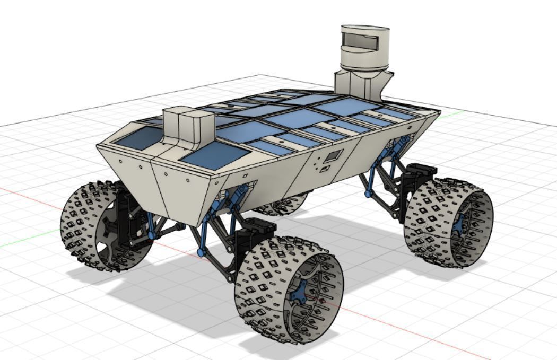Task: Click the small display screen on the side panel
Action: coord(334,156)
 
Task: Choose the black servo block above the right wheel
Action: coord(419,175)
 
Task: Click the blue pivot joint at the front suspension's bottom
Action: coord(201,252)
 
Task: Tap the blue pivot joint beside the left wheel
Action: coord(151,234)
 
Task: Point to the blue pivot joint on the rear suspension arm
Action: coord(368,194)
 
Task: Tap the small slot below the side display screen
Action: coord(324,169)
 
